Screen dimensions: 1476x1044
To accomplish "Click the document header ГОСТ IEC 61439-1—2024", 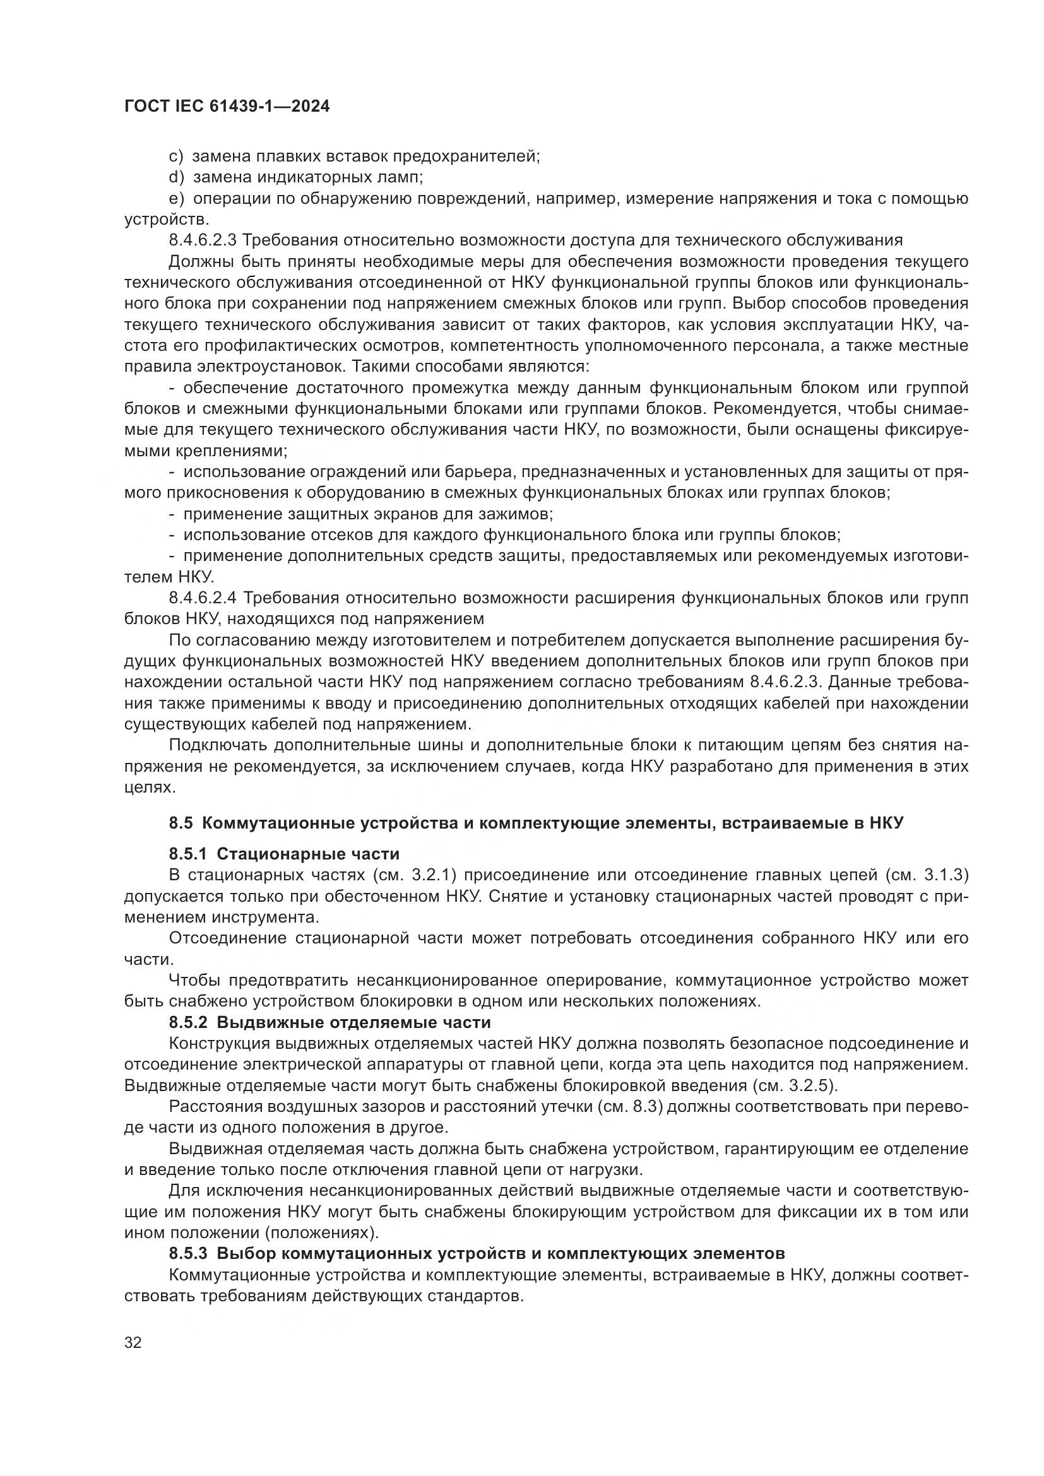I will (x=227, y=107).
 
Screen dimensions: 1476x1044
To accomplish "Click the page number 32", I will (x=133, y=1342).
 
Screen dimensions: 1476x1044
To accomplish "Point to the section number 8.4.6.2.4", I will (x=203, y=598).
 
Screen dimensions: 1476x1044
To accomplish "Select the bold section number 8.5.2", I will (x=187, y=1022).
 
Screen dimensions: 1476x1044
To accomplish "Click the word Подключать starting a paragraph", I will (x=217, y=745).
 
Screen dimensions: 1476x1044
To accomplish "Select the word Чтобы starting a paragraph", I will (x=194, y=981).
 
